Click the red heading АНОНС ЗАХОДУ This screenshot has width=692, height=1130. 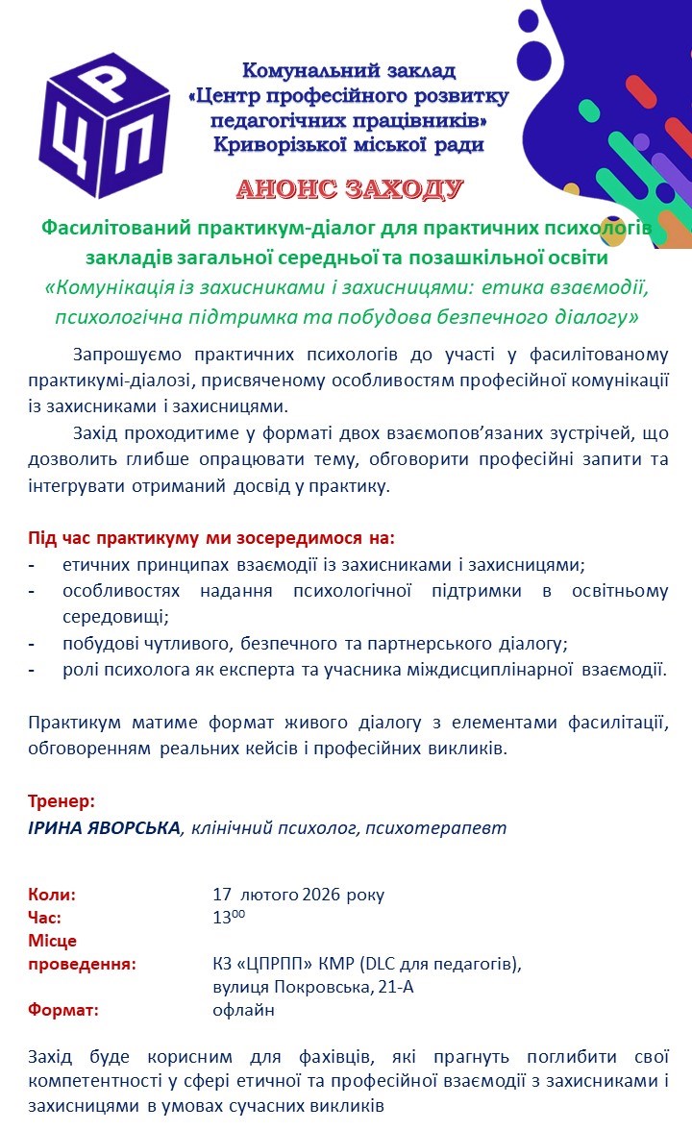click(350, 188)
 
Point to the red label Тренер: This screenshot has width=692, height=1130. click(62, 800)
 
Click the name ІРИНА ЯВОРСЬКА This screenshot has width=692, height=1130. click(104, 827)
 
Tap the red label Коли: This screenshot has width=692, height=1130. click(52, 895)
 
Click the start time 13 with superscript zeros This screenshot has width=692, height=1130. click(229, 917)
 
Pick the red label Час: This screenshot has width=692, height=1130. click(46, 918)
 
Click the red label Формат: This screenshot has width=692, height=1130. click(64, 1009)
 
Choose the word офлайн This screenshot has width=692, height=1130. click(243, 1009)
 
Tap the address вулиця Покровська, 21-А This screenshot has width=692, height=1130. click(313, 986)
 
